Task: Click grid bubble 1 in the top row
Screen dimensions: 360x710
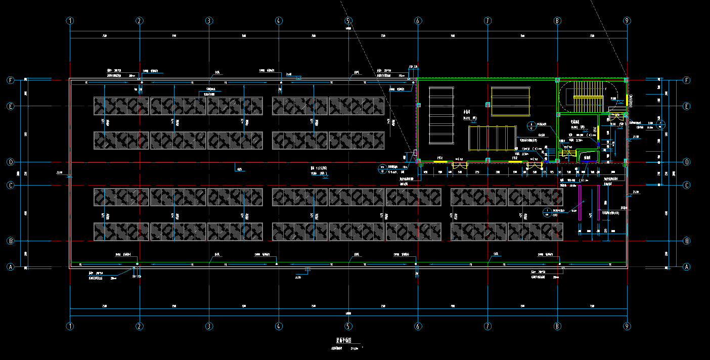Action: click(70, 21)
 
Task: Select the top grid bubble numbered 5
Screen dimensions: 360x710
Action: click(348, 21)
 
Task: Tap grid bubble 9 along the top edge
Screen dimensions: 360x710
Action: click(627, 21)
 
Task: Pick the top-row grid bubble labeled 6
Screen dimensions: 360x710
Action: click(418, 21)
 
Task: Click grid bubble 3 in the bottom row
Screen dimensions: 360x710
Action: click(209, 326)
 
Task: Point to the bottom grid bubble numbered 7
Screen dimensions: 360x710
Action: click(487, 326)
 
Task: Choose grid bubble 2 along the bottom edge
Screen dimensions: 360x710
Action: click(140, 326)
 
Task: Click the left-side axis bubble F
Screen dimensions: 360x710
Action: click(10, 80)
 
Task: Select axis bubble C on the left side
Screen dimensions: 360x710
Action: click(10, 185)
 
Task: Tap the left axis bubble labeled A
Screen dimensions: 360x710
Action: click(10, 266)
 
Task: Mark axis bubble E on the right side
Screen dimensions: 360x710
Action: click(687, 106)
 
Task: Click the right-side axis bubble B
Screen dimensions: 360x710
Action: click(687, 240)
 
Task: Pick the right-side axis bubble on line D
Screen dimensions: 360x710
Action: click(687, 162)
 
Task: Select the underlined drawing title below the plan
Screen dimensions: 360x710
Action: click(347, 341)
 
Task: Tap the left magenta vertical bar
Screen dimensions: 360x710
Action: click(580, 202)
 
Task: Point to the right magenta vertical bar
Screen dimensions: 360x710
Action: click(599, 202)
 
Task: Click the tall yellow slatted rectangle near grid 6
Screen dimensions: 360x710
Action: click(441, 115)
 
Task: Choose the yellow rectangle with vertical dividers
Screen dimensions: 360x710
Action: click(489, 138)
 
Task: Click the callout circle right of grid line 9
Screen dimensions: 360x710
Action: click(660, 124)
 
